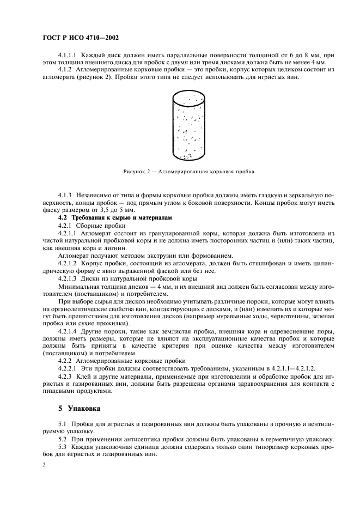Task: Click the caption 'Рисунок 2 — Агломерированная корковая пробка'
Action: (188, 171)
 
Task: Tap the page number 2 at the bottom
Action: (44, 466)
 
